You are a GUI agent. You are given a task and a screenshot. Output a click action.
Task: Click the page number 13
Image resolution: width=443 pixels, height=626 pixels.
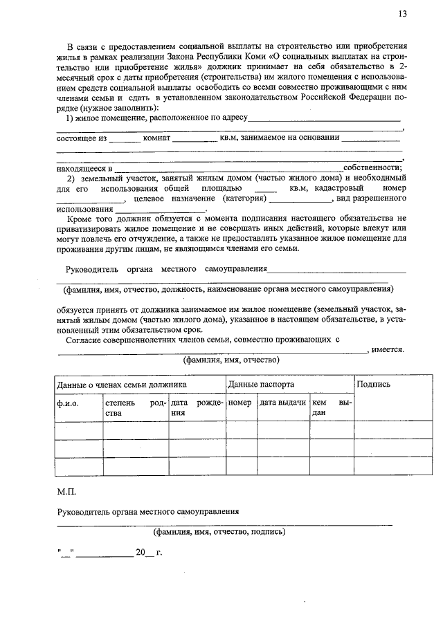tap(403, 14)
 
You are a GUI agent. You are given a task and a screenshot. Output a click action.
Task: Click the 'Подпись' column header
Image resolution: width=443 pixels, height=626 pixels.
tap(374, 384)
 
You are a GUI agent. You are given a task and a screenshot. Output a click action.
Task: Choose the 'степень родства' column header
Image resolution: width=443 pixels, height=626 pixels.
tap(135, 407)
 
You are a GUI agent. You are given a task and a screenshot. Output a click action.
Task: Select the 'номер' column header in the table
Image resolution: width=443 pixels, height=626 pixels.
tap(239, 403)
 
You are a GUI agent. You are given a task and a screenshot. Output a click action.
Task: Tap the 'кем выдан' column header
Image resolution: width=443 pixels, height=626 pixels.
tap(331, 407)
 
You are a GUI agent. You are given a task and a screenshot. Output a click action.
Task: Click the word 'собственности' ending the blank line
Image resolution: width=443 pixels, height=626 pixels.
tap(372, 168)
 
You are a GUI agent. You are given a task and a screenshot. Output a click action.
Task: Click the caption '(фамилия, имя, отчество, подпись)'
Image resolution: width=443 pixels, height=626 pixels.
tap(219, 533)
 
